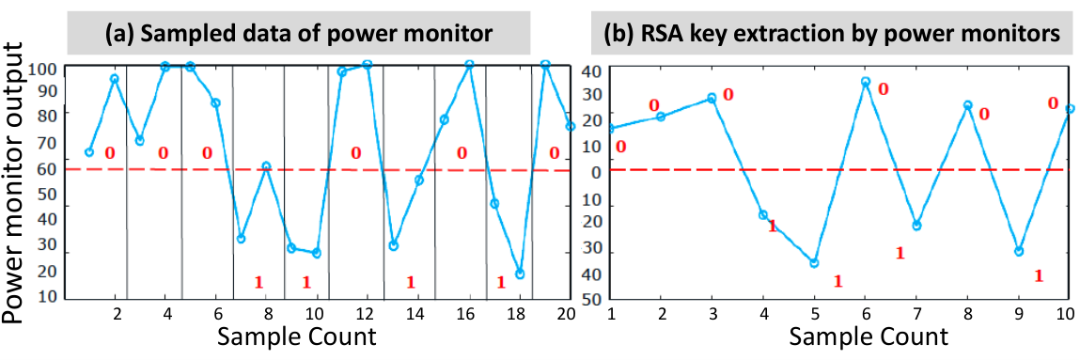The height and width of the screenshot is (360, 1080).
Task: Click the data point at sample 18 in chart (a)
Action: pyautogui.click(x=520, y=274)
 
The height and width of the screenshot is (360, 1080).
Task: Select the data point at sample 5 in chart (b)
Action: pyautogui.click(x=814, y=263)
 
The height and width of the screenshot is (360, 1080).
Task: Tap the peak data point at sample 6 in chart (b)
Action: pyautogui.click(x=866, y=82)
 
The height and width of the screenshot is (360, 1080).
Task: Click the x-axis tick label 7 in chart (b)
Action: pyautogui.click(x=916, y=313)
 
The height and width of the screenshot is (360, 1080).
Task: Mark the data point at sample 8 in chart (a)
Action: pyautogui.click(x=266, y=166)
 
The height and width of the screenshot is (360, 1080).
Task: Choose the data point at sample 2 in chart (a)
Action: pyautogui.click(x=115, y=79)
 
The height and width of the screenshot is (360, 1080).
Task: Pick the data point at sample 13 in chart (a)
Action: pyautogui.click(x=393, y=245)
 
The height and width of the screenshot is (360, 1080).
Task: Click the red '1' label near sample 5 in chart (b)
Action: pyautogui.click(x=837, y=281)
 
